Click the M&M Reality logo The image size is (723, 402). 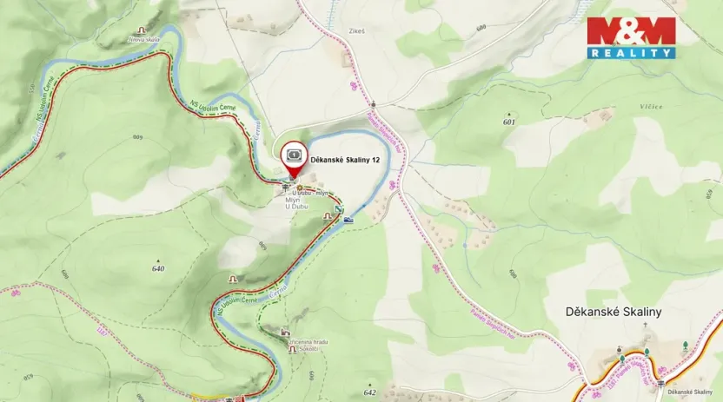coord(631,37)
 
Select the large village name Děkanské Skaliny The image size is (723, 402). coord(614,311)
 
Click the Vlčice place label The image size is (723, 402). coord(651,107)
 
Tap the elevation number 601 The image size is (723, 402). coord(508,122)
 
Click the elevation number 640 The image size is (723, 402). coord(157,268)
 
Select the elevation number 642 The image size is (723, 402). coord(371,392)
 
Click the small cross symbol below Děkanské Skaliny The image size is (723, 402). coord(646,326)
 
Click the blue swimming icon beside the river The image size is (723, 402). coord(348,220)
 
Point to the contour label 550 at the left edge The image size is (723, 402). coord(33,89)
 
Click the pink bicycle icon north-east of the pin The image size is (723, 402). coord(353,86)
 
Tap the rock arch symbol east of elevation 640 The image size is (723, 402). coord(232,278)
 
